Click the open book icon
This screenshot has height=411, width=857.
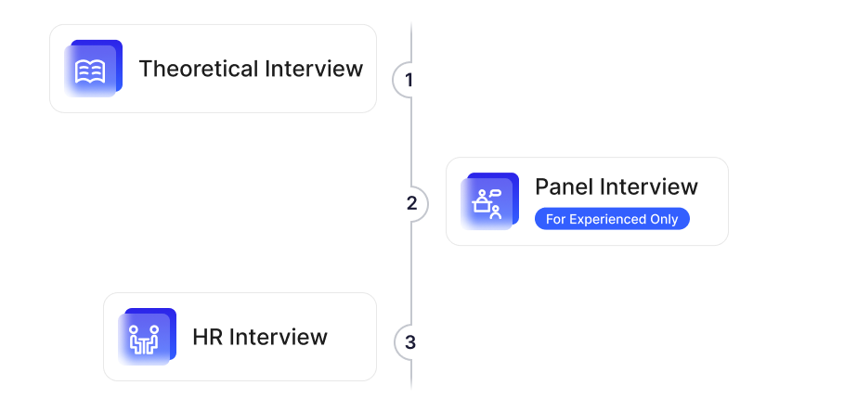pyautogui.click(x=89, y=71)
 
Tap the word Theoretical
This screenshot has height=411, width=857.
pyautogui.click(x=198, y=69)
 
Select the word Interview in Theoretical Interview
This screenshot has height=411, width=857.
pyautogui.click(x=314, y=69)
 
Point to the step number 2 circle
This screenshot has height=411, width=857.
pyautogui.click(x=412, y=203)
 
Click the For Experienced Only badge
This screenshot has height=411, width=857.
pyautogui.click(x=612, y=219)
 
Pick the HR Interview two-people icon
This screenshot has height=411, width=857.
pyautogui.click(x=144, y=339)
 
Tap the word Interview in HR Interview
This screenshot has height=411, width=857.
pyautogui.click(x=278, y=336)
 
